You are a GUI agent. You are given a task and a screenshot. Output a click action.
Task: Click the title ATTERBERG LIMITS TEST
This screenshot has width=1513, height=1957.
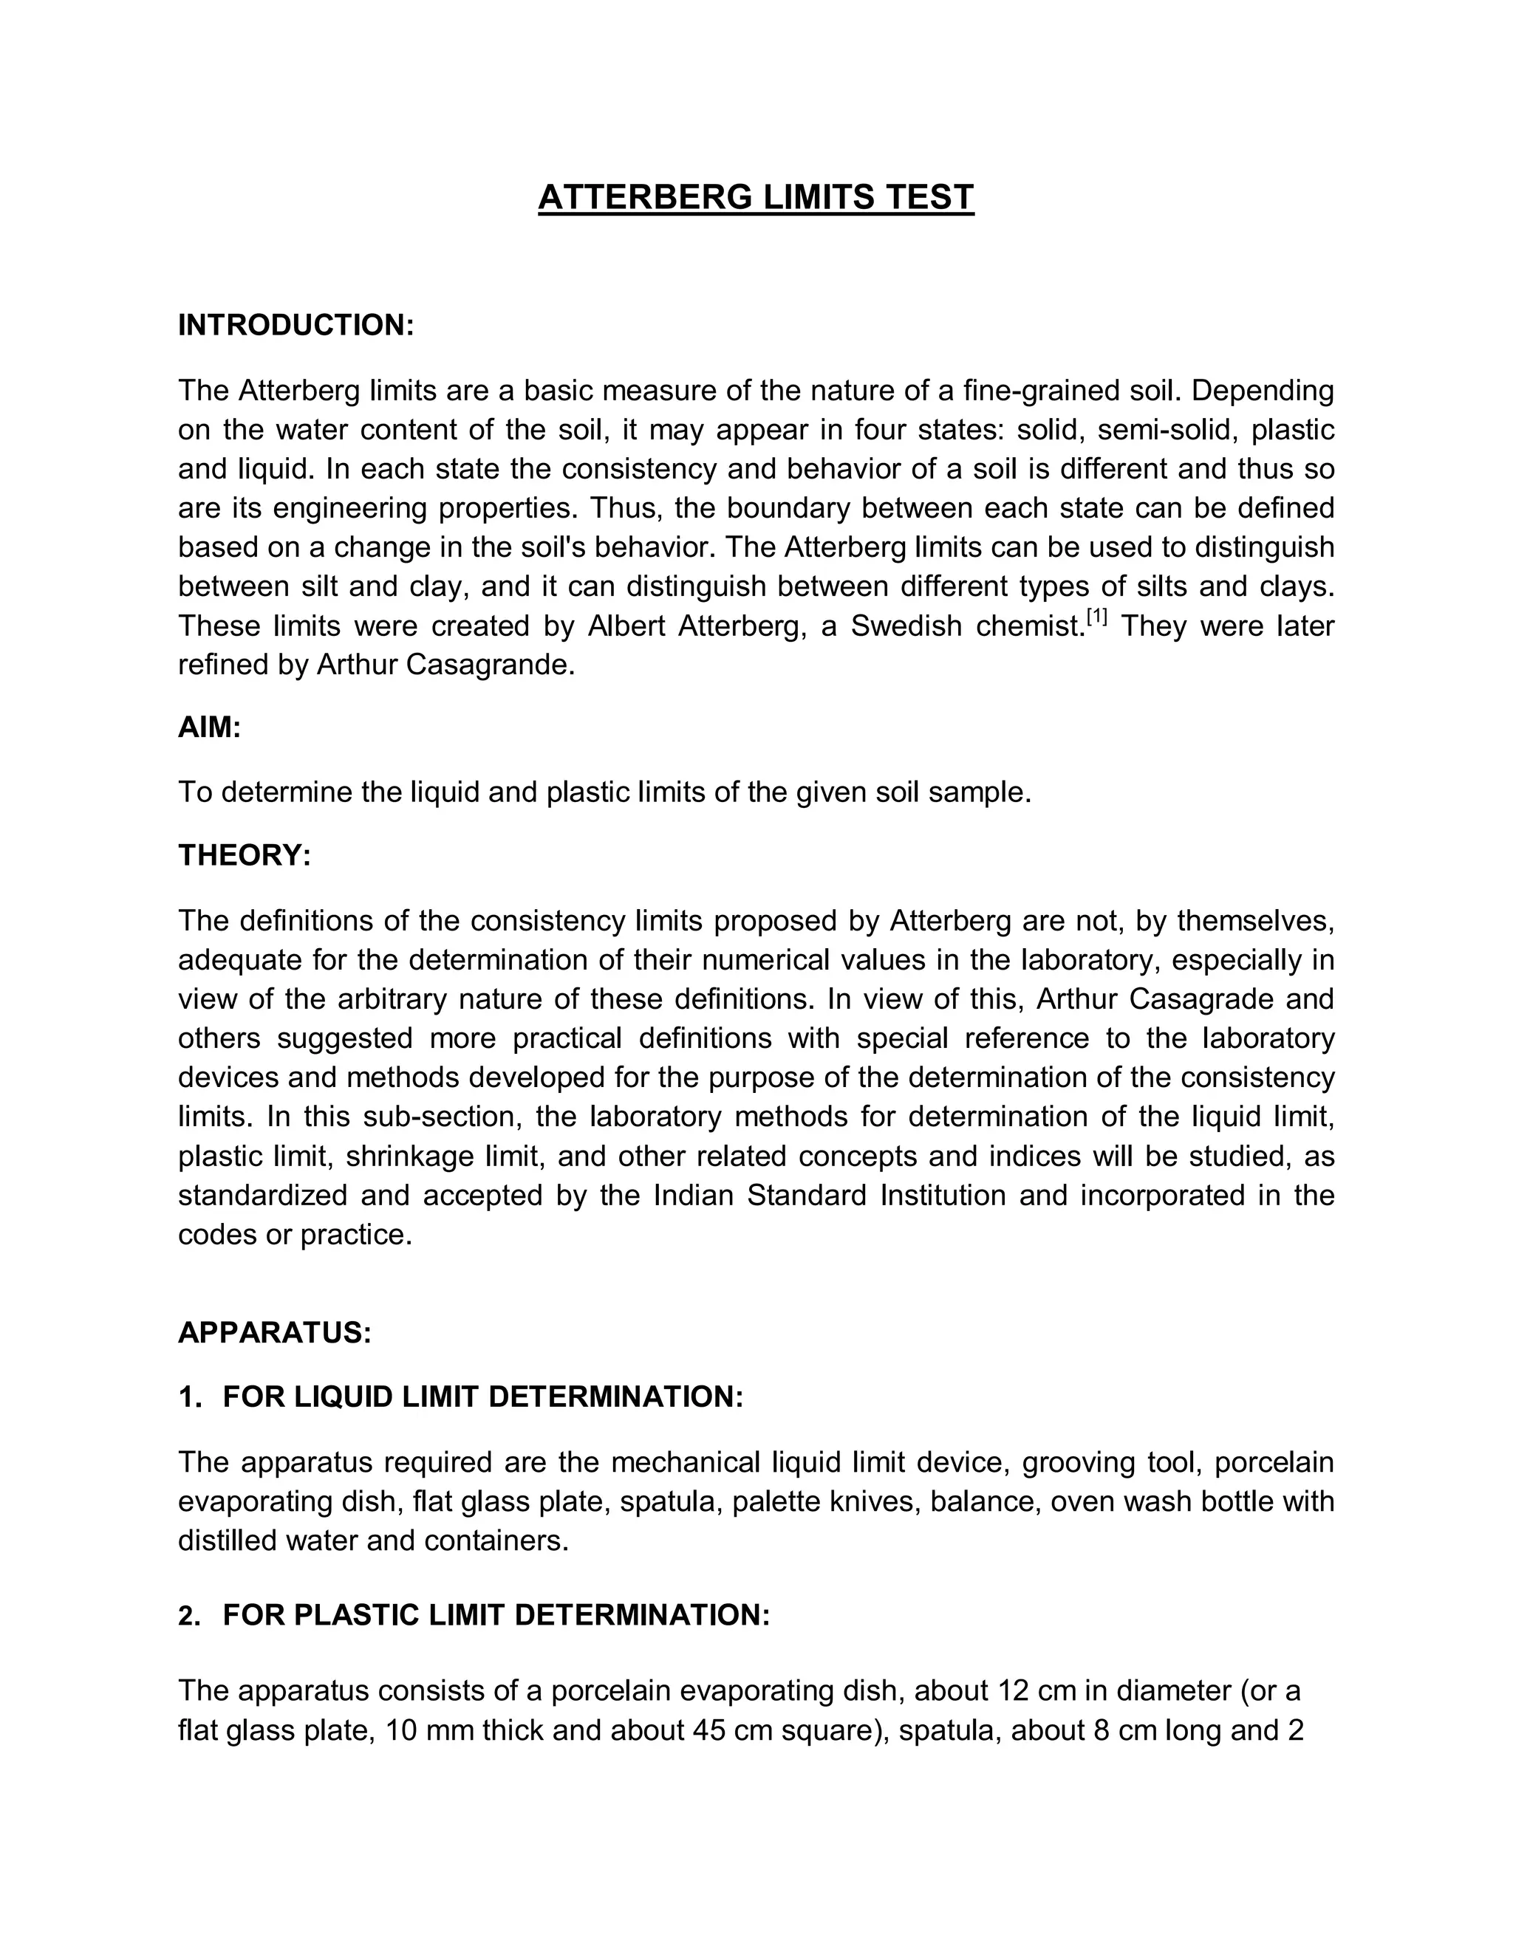[x=756, y=197]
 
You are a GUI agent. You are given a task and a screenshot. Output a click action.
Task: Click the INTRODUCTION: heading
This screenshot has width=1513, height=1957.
[x=296, y=325]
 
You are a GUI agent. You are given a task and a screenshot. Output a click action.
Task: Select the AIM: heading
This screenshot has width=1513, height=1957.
[x=210, y=727]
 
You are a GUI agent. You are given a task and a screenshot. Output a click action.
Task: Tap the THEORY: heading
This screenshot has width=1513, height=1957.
[x=244, y=856]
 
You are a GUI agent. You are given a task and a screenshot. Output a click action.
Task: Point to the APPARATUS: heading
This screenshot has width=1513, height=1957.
[x=274, y=1332]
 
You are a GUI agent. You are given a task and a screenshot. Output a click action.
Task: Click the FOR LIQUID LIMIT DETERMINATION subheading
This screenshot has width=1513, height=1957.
[x=483, y=1397]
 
